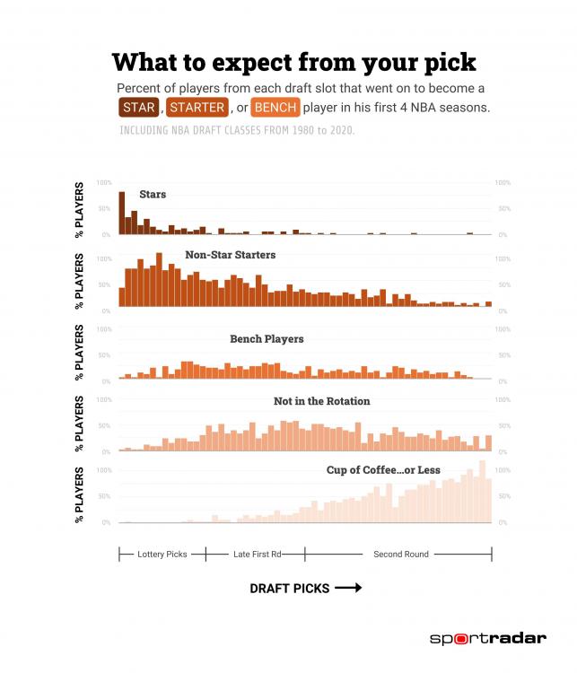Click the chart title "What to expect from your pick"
[294, 62]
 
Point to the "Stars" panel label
[152, 194]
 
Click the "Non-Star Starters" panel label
[230, 255]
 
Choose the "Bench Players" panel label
[267, 339]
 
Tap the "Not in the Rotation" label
[321, 401]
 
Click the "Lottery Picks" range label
[162, 555]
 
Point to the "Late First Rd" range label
[258, 555]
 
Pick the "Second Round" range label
[401, 555]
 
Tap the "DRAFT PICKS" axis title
[290, 589]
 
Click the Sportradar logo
[487, 639]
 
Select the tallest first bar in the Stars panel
[121, 213]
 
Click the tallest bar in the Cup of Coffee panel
[483, 491]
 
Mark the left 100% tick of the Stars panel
[104, 183]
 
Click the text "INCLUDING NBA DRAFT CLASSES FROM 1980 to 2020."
[237, 131]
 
